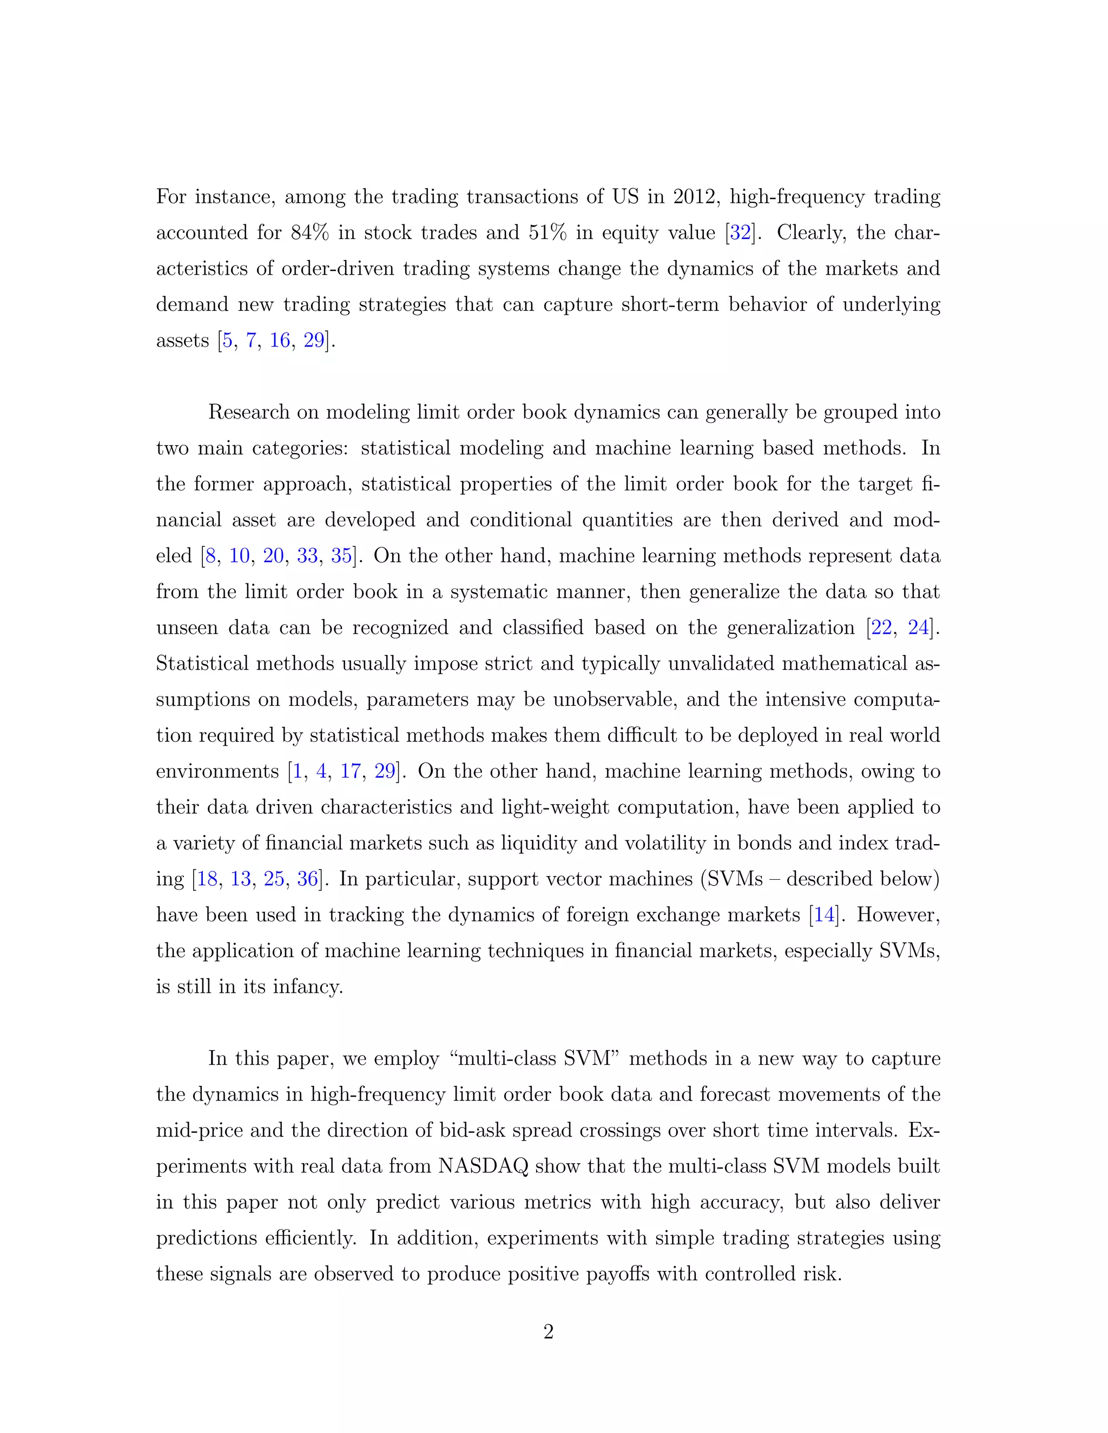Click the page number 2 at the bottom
pos(548,1331)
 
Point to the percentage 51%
pos(548,233)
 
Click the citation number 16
pos(280,341)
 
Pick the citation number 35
pos(341,556)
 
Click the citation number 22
pos(881,628)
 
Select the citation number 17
pos(351,771)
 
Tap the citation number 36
pos(307,879)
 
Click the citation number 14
pos(825,914)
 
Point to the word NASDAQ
pos(483,1166)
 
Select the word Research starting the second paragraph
pos(249,412)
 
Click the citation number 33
pos(307,556)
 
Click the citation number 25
pos(274,879)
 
